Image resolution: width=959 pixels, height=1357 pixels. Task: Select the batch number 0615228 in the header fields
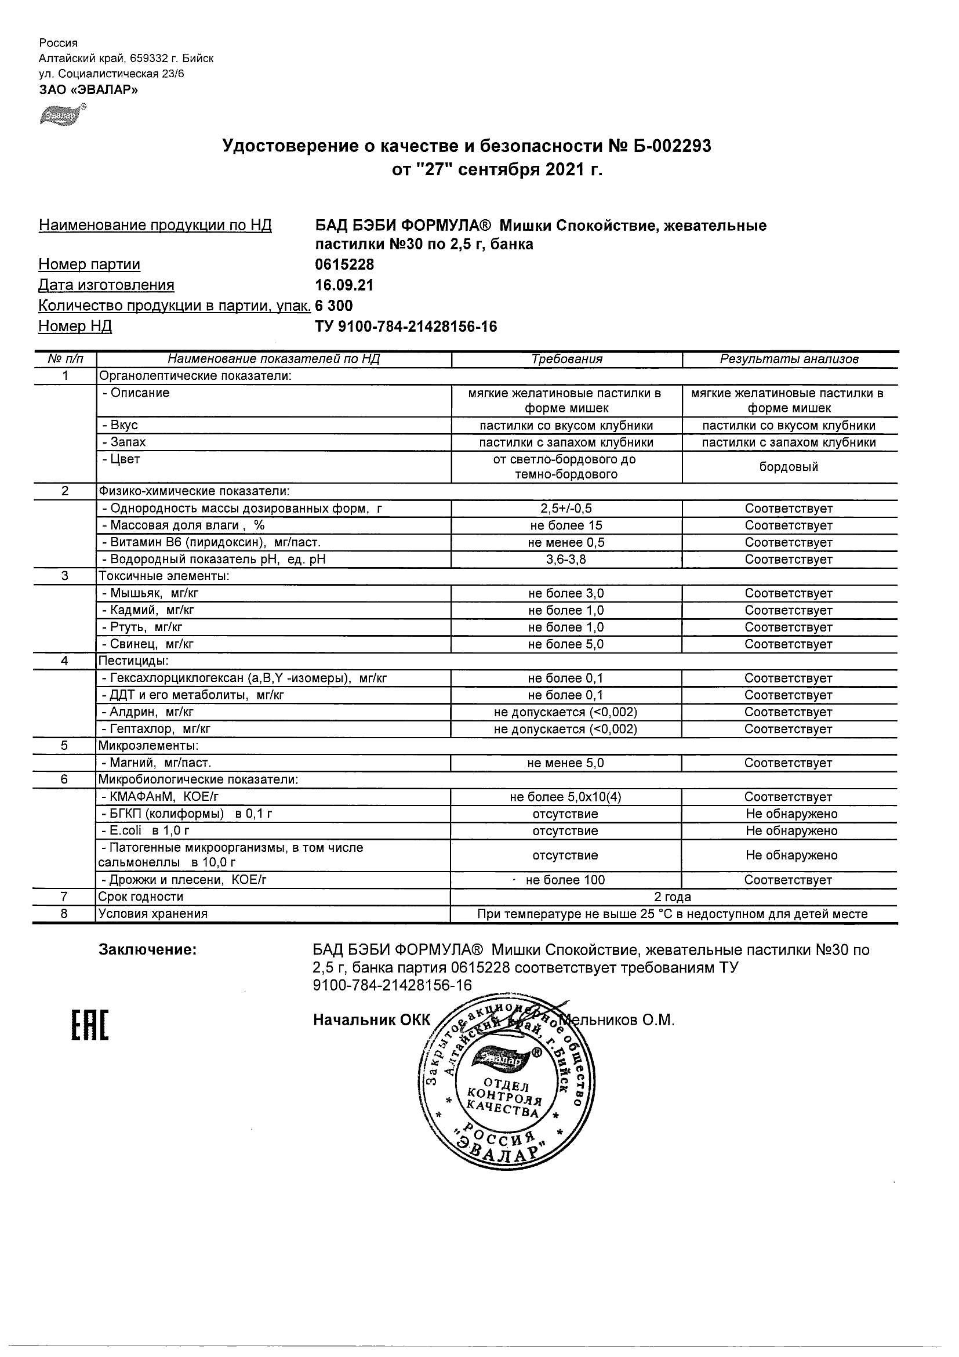point(344,264)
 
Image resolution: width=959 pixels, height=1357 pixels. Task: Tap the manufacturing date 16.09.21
point(344,285)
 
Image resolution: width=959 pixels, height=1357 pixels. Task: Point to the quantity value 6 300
point(334,306)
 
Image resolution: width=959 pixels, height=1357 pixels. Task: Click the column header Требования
point(566,359)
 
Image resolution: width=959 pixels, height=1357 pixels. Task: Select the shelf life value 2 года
point(673,897)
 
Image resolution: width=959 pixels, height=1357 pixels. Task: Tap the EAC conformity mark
point(90,1025)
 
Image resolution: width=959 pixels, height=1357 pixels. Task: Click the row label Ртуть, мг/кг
point(146,627)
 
